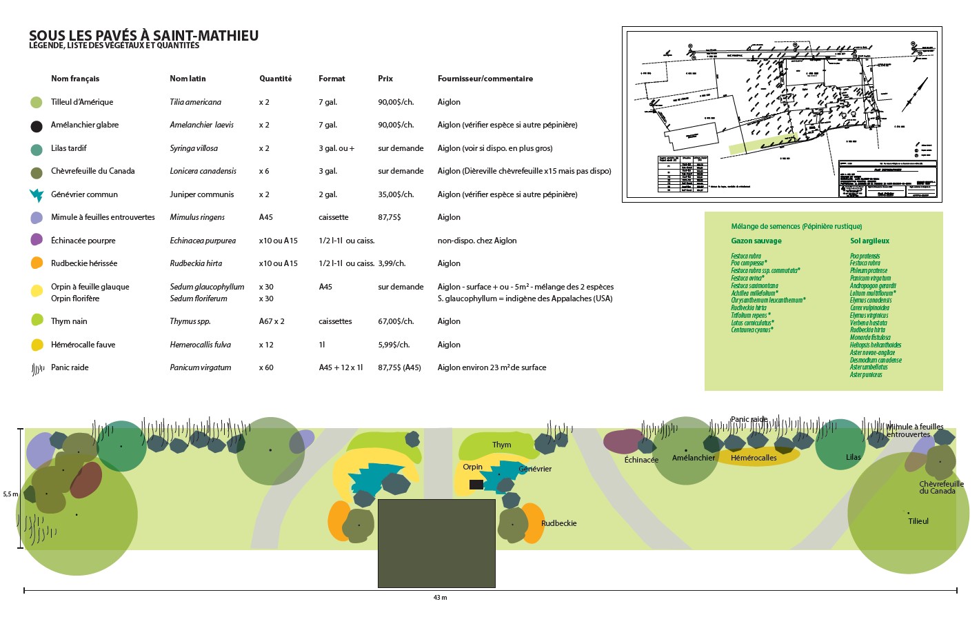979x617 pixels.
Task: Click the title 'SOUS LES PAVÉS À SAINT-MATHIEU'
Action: point(143,36)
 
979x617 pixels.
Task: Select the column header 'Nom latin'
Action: point(188,79)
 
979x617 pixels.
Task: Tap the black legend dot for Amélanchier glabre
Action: point(37,126)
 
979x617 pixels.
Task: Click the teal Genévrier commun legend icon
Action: point(36,195)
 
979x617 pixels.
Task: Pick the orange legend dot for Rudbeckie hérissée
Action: point(37,263)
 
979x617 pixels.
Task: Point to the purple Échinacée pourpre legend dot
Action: point(37,240)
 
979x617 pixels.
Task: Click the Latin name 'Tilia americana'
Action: point(195,102)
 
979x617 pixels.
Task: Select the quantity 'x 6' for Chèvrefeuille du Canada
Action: point(264,171)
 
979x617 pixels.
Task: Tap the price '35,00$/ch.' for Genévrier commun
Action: point(396,194)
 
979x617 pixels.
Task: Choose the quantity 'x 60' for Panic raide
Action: point(266,367)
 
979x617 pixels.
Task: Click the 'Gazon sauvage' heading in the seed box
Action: point(756,241)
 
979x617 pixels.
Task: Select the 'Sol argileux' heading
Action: point(869,241)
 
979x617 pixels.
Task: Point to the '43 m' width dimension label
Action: point(440,598)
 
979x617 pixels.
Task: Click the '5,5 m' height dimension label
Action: point(10,494)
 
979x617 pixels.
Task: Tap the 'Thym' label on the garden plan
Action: point(501,445)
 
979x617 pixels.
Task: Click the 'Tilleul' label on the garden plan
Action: point(918,521)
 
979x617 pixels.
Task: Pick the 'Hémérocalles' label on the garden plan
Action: point(753,458)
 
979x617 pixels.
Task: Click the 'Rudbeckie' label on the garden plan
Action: point(558,523)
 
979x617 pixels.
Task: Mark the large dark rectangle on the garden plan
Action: point(436,543)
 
